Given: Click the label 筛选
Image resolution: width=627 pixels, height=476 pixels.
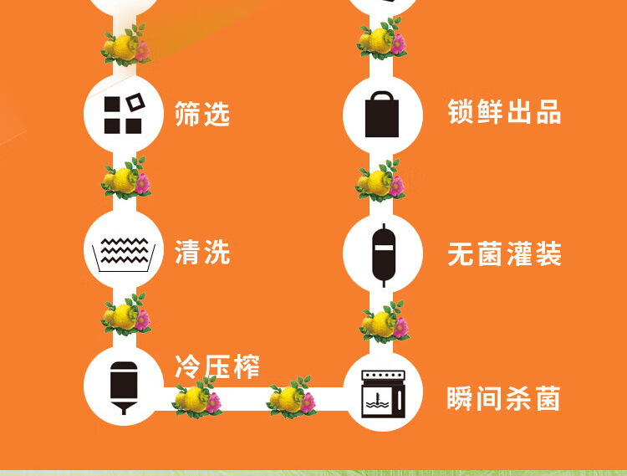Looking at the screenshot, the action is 202,114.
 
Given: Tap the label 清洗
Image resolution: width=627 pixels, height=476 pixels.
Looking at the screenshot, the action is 202,252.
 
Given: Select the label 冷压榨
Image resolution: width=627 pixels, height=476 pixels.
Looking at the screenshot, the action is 217,366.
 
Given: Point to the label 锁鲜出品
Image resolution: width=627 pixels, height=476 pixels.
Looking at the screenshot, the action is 504,111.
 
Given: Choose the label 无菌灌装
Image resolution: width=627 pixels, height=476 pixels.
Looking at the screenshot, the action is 504,253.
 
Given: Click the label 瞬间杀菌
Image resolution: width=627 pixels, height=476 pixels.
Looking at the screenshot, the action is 503,398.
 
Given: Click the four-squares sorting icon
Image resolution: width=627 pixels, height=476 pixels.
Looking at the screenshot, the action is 124,114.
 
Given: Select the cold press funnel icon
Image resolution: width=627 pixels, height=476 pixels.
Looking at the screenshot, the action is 124,387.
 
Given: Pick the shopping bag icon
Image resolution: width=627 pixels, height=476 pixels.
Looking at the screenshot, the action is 382,114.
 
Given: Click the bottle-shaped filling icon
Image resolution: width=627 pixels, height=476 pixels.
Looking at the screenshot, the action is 384,255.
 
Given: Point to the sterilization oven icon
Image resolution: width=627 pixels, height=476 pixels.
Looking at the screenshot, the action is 383,394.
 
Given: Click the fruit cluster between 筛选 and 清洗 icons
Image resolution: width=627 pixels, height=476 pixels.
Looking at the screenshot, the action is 126,178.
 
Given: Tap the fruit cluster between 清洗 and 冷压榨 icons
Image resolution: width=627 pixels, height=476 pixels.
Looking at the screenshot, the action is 126,315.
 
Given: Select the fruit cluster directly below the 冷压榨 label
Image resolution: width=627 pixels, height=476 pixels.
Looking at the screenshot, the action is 196,397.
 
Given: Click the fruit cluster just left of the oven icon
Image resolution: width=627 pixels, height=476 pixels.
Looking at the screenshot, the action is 291,397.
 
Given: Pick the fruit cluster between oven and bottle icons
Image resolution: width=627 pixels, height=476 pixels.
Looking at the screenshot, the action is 384,322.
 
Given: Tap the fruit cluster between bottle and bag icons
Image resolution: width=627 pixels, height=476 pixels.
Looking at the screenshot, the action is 380,181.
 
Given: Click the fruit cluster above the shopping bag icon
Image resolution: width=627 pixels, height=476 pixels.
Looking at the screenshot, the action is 382,38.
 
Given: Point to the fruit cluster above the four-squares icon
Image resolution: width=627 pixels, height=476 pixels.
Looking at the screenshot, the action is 126,45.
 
